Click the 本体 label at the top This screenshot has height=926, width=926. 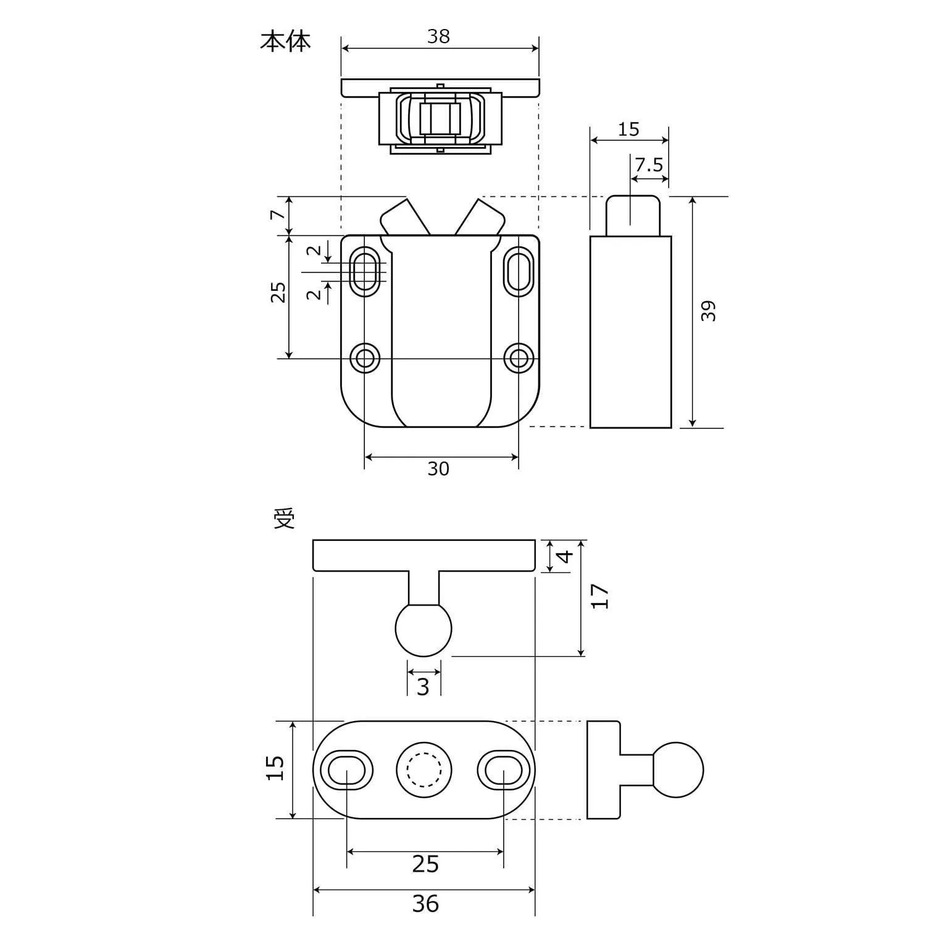[x=285, y=41]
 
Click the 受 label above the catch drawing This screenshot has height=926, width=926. [x=285, y=520]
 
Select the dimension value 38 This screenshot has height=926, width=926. [x=438, y=37]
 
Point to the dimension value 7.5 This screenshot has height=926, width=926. [x=648, y=165]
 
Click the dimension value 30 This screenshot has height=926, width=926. [x=438, y=469]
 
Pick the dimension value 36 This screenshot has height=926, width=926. [x=425, y=904]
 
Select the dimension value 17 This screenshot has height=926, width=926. [x=600, y=596]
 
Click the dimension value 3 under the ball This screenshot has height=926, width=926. [x=423, y=686]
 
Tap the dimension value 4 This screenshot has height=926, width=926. [x=565, y=556]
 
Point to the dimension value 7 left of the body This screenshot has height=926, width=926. [x=278, y=215]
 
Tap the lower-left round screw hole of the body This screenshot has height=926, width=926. [x=365, y=357]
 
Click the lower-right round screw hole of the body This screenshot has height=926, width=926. [x=518, y=357]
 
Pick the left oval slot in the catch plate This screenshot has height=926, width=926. [x=345, y=770]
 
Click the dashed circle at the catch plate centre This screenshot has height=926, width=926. [x=423, y=770]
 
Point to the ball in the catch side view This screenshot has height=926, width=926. [x=677, y=770]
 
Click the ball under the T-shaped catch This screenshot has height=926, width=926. [x=423, y=629]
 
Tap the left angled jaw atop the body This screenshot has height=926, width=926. [x=404, y=218]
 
